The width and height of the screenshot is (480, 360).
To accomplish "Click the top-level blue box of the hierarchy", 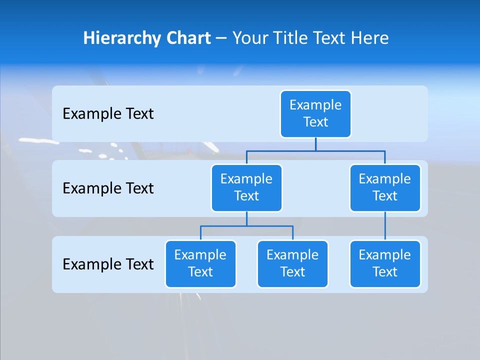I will (x=315, y=114).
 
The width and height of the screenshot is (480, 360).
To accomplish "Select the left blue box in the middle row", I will (x=246, y=188).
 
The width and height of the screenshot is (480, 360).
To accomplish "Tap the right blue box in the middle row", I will (x=385, y=188).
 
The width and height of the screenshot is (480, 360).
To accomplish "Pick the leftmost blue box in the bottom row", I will (x=200, y=264).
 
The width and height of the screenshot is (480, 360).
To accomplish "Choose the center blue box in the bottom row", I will (x=292, y=264).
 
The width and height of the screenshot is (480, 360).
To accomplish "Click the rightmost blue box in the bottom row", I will (x=385, y=264).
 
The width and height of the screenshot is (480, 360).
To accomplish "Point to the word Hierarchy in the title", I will (x=122, y=38).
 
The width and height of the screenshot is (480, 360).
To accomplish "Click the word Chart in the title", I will (x=188, y=38).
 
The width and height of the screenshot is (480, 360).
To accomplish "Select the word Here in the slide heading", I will (x=370, y=38).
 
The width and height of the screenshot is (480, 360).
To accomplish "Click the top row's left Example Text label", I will (x=108, y=114).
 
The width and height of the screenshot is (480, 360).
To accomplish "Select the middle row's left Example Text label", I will (x=108, y=188).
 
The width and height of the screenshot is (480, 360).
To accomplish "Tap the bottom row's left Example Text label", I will (x=108, y=264).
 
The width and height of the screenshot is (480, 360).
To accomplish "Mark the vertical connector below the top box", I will (x=315, y=144).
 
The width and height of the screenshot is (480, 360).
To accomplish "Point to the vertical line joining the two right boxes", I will (x=385, y=226).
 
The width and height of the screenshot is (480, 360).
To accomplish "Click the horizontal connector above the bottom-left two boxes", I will (x=246, y=226).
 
